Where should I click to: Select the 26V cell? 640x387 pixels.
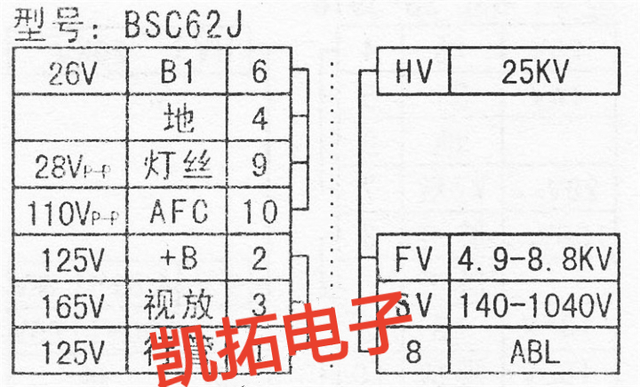pos(71,71)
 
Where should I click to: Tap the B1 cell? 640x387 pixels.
pos(179,71)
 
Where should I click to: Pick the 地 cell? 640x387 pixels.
pos(179,117)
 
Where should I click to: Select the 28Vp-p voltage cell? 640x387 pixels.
pos(71,165)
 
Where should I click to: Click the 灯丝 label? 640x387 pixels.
pos(179,165)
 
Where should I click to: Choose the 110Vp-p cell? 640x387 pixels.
pos(71,212)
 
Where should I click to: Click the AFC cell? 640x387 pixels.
pos(179,212)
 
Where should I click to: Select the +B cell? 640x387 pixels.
pos(179,259)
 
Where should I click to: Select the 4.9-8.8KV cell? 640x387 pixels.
pos(534,259)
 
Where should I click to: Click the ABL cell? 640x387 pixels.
pos(534,352)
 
